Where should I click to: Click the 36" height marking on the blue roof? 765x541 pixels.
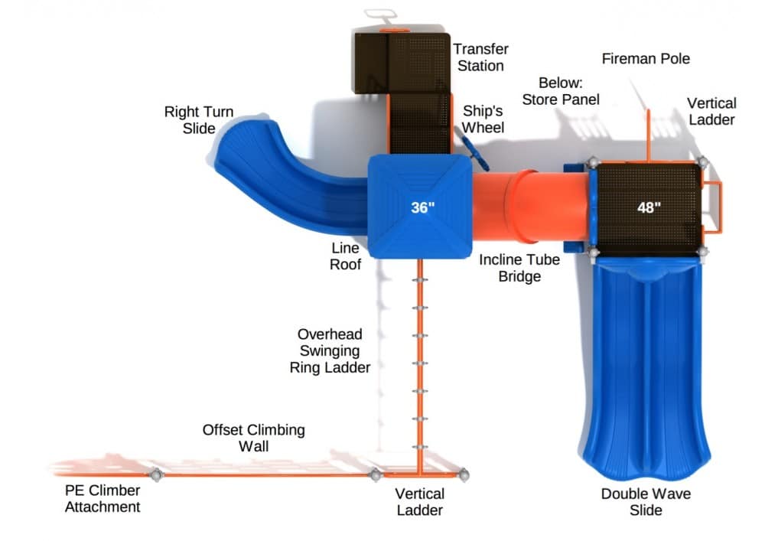[422, 207]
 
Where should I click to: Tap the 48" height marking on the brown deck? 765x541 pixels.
[648, 207]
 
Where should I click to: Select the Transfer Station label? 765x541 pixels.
[480, 57]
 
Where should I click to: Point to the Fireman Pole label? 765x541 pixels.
[646, 59]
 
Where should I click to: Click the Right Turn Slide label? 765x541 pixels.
[199, 120]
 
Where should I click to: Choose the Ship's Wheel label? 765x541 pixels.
[483, 119]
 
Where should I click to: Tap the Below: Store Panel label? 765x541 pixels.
[560, 91]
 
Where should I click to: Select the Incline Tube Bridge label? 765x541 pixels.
[519, 268]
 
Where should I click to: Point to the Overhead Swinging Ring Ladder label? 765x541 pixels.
[330, 350]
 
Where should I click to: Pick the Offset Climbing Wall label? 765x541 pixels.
[253, 438]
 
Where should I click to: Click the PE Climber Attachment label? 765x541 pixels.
[103, 498]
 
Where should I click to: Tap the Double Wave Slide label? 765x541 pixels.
[646, 501]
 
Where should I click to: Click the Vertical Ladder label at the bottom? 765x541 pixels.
[419, 501]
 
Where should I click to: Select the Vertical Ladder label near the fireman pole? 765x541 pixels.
[711, 111]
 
